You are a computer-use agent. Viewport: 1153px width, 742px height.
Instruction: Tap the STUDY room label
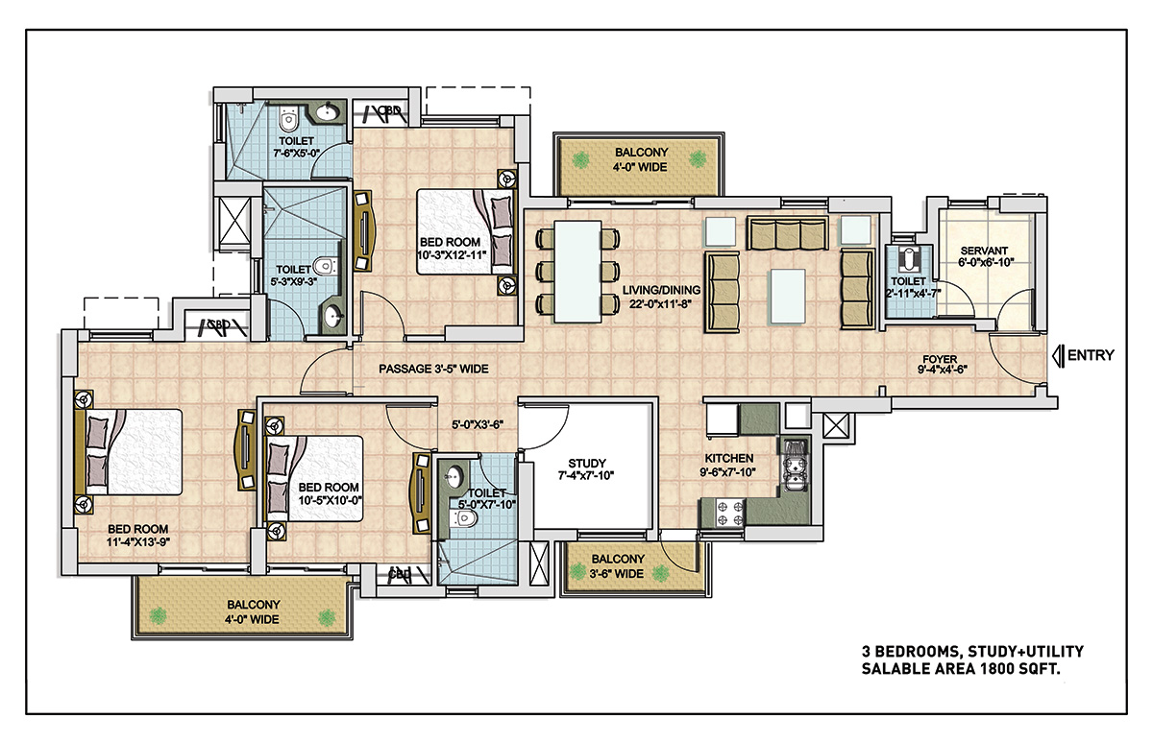point(587,463)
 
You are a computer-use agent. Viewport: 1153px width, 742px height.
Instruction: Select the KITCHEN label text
point(729,458)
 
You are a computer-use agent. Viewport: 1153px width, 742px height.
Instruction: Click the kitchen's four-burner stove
point(724,513)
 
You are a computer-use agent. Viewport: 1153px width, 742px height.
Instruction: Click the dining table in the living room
point(577,271)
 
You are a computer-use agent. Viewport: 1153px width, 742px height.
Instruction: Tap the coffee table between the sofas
point(788,297)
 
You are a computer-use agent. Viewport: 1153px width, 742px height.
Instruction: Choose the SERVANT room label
point(984,251)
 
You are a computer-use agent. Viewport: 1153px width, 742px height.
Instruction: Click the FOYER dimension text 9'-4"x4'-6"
point(942,370)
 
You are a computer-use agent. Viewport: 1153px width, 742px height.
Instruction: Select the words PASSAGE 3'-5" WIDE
point(433,369)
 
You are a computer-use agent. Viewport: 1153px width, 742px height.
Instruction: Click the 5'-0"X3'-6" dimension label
point(478,424)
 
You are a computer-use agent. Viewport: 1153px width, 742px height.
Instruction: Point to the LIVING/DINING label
point(661,290)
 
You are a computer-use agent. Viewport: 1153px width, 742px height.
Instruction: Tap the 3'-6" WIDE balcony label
point(616,573)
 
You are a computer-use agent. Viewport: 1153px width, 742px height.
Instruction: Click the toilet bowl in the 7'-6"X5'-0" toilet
point(288,120)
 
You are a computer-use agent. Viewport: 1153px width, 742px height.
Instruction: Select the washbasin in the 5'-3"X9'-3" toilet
point(333,316)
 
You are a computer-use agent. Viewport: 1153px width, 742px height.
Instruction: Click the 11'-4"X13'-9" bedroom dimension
point(138,542)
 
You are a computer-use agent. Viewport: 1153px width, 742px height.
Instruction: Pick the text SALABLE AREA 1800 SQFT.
point(961,669)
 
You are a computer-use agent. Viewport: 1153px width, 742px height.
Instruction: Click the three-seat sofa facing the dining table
point(723,292)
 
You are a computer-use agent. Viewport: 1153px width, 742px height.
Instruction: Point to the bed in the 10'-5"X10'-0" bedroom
point(313,478)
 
